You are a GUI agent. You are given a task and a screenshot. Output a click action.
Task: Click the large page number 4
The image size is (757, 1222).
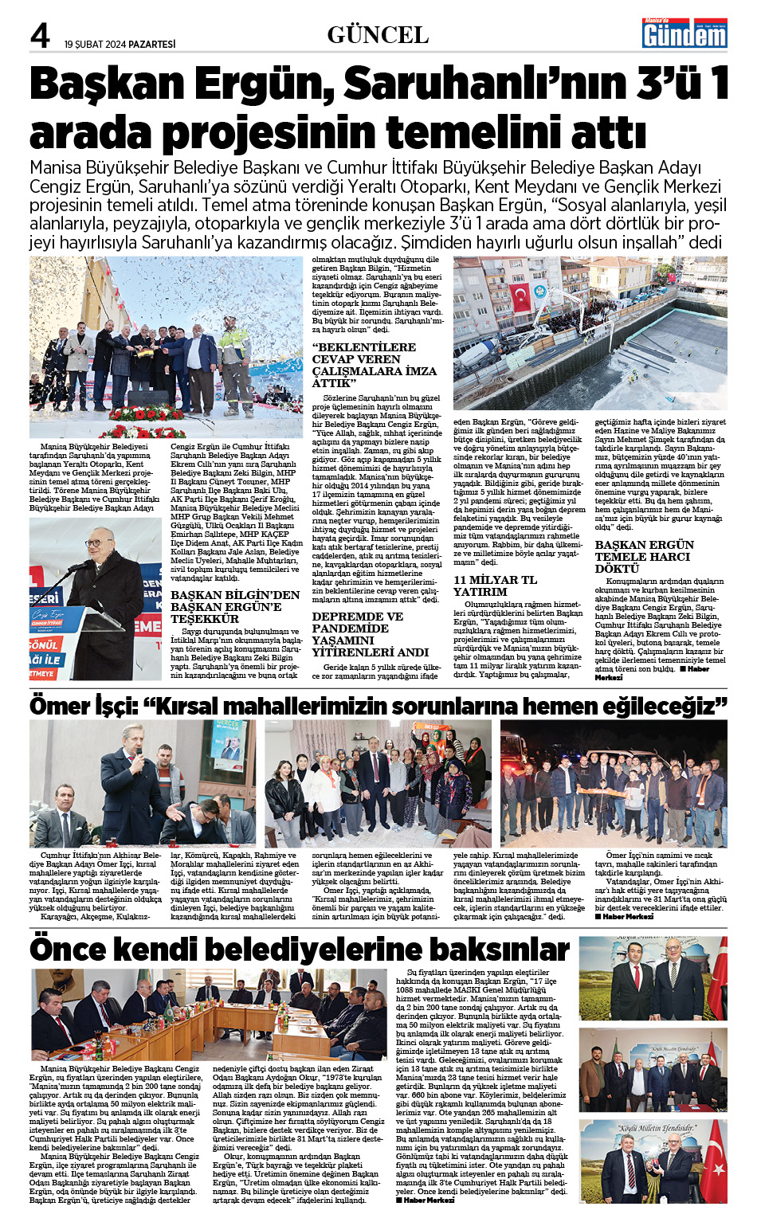41,36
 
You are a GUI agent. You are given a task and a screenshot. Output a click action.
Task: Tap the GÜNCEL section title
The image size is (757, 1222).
378,35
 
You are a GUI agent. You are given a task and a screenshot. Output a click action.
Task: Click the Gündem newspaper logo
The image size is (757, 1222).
684,33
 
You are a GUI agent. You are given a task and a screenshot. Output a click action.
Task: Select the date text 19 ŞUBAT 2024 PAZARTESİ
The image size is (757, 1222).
120,44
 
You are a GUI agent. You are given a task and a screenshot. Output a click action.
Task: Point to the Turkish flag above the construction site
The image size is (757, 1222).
520,296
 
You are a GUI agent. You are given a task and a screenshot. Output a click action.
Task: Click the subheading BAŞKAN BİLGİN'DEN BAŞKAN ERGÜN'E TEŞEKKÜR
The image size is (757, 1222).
235,606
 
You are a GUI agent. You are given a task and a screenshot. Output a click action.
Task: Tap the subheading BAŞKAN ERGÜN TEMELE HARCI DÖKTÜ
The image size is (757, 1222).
644,556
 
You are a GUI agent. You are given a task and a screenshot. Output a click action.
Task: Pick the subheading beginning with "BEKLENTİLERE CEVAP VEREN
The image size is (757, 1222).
374,365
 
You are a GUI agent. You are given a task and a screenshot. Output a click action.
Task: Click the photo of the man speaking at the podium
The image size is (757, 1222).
96,597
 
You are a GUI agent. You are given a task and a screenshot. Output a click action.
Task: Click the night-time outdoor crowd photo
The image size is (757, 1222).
613,784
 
